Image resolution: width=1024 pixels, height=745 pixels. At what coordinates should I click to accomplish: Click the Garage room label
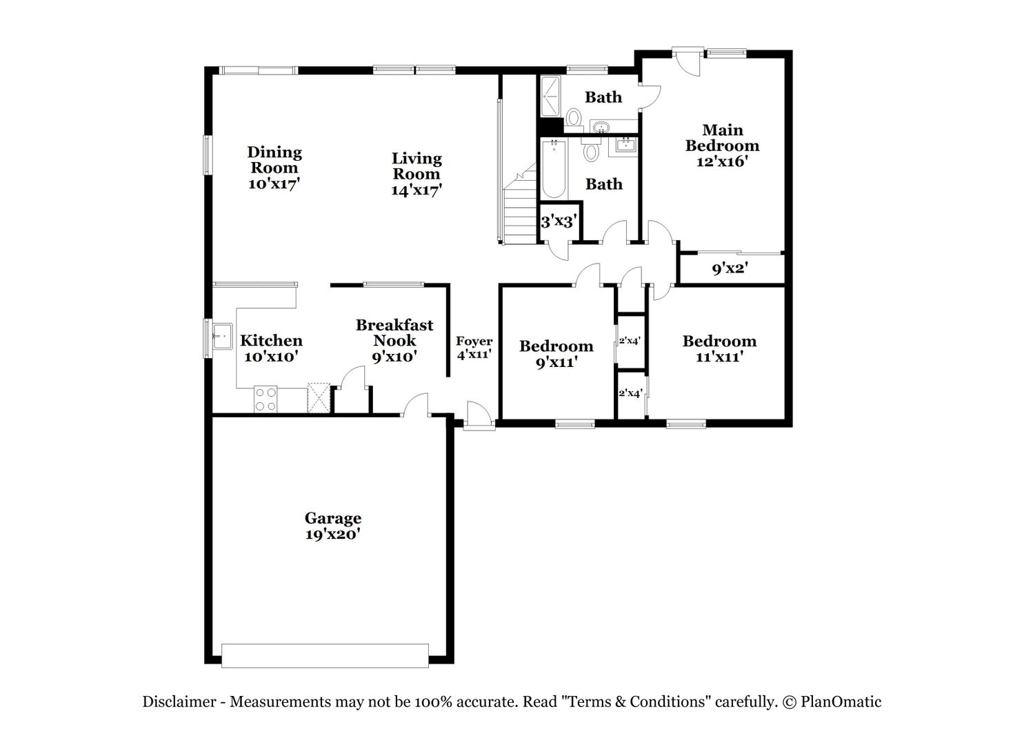tap(333, 526)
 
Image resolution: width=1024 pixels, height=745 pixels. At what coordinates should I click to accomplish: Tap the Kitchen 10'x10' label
tap(271, 348)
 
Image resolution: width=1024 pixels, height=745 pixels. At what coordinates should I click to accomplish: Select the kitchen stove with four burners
tap(265, 399)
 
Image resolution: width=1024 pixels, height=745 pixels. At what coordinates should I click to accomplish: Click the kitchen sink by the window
tap(221, 337)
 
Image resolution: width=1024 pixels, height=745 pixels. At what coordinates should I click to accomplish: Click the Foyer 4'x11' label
tap(474, 348)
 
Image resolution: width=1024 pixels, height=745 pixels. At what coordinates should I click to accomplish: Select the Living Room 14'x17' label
tap(416, 174)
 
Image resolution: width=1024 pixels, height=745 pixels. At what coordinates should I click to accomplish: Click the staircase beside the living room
tap(520, 203)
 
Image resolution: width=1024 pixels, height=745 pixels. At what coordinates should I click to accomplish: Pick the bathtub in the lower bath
tap(554, 169)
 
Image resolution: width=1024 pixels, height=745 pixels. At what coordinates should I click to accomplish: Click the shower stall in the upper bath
tap(550, 97)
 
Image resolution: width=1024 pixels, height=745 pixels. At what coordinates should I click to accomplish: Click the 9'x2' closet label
tap(730, 268)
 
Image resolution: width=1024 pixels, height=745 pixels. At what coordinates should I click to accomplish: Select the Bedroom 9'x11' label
tap(556, 353)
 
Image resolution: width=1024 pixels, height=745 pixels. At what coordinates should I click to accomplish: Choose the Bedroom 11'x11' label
tap(719, 348)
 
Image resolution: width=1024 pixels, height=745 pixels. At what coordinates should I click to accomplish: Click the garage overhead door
tap(325, 656)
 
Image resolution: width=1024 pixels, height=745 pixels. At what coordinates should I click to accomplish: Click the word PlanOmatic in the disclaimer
tap(841, 701)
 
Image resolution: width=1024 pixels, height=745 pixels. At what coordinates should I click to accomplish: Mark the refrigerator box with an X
tap(319, 398)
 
